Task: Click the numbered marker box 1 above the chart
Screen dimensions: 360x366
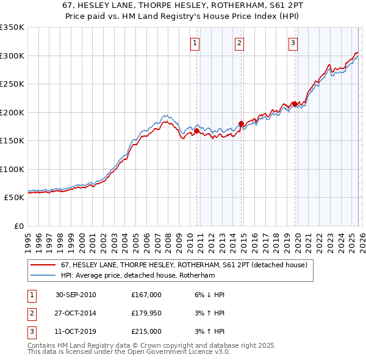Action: tap(194, 43)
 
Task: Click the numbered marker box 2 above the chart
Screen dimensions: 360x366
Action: tap(239, 43)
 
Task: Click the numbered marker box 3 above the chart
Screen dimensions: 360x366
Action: tap(293, 43)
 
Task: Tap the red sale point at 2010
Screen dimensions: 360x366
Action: tap(197, 131)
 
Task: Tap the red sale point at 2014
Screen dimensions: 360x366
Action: tap(242, 123)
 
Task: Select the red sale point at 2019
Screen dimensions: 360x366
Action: tap(295, 104)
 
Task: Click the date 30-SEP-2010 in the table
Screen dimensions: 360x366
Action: tap(76, 295)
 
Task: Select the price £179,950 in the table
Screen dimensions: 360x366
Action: tap(146, 313)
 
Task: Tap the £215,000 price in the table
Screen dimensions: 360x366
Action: tap(146, 331)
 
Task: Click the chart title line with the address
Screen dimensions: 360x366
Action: tap(183, 5)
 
